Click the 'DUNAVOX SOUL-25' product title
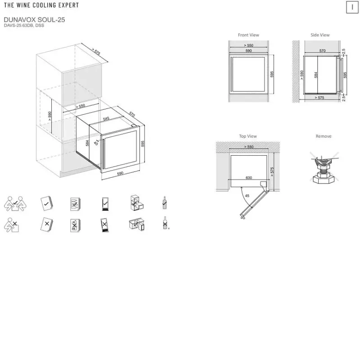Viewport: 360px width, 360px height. point(34,20)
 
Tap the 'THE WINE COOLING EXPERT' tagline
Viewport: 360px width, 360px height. point(41,5)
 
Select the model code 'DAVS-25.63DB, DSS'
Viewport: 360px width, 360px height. point(24,26)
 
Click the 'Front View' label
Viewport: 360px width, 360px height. point(248,35)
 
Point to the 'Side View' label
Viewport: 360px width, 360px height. point(320,35)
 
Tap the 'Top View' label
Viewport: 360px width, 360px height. point(248,136)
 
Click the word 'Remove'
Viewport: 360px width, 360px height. point(324,136)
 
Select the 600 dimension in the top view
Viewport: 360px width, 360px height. point(249,178)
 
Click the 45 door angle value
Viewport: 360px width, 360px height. point(247,196)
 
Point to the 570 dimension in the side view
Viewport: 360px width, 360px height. point(322,51)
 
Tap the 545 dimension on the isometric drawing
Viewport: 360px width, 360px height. point(106,119)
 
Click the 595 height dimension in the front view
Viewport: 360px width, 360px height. point(272,74)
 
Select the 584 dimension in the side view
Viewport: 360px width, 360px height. point(316,75)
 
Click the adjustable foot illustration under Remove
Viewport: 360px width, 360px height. point(324,169)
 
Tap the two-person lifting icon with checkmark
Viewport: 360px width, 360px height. point(15,204)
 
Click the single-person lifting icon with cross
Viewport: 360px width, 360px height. point(12,225)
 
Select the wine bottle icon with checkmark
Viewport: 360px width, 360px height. point(164,203)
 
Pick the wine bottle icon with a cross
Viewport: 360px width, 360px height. point(165,223)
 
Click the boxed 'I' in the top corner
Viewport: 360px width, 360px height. point(352,7)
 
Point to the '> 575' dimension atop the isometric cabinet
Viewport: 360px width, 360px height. point(96,51)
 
